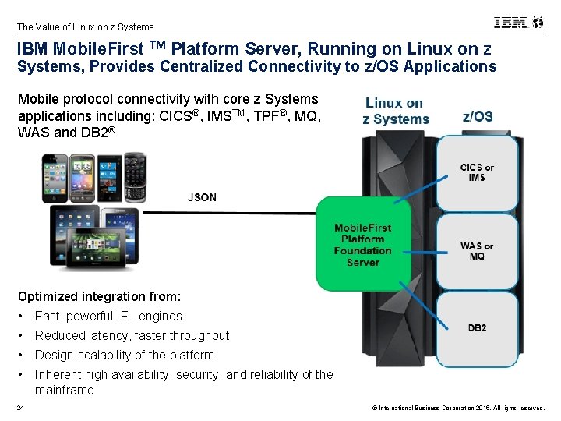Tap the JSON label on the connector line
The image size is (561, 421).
(x=202, y=197)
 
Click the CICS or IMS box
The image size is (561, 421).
(x=477, y=172)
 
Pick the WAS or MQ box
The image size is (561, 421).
(x=477, y=251)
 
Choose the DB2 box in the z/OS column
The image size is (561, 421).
(x=477, y=328)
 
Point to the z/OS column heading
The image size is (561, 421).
(x=477, y=117)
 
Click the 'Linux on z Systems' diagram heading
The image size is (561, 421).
(x=396, y=111)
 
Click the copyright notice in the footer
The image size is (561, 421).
(x=452, y=408)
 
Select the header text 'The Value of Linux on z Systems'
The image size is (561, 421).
(x=85, y=27)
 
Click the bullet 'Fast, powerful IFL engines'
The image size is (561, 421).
(x=108, y=317)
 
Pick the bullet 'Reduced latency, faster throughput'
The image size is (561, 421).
(x=132, y=336)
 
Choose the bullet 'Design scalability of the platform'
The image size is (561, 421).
(x=125, y=356)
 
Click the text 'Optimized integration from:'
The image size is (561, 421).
(x=99, y=297)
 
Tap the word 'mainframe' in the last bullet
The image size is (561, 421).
(x=64, y=391)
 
